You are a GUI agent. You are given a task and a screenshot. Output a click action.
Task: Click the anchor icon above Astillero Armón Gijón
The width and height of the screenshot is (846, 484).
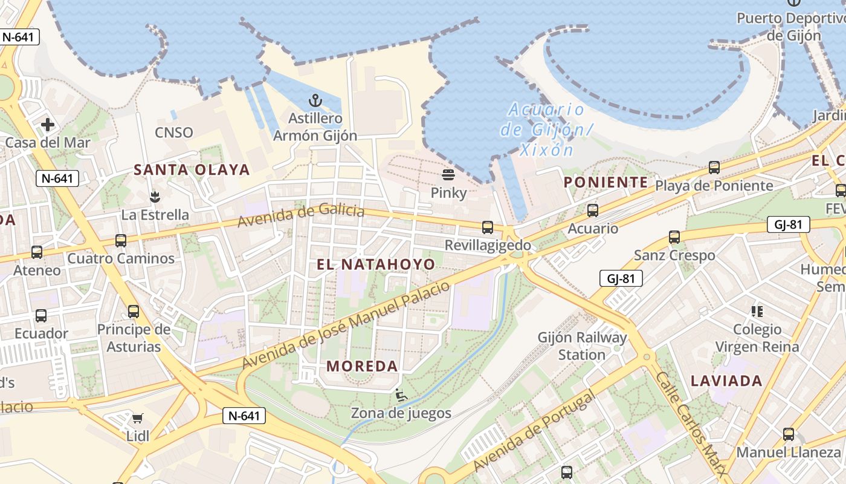(x=315, y=100)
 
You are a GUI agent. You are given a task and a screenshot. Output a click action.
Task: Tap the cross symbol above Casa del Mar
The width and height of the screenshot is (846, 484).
(x=47, y=125)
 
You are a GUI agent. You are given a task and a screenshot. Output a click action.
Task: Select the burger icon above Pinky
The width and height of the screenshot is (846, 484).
(x=448, y=175)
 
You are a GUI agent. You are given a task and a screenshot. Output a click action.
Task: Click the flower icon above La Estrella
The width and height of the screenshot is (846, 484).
(x=155, y=197)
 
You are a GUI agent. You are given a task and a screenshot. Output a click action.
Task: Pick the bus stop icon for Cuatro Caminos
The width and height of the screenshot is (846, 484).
(x=121, y=241)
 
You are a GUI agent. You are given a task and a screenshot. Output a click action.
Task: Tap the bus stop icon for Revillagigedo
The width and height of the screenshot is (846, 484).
(x=488, y=227)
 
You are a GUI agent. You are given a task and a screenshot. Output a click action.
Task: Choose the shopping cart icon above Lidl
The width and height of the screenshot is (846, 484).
(x=138, y=418)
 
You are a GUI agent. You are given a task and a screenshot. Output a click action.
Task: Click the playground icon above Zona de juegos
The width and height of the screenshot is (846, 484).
(x=401, y=395)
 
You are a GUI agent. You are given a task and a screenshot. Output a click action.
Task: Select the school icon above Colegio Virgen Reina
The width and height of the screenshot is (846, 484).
(x=757, y=312)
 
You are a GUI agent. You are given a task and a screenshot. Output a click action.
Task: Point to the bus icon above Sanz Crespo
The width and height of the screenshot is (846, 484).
(x=674, y=237)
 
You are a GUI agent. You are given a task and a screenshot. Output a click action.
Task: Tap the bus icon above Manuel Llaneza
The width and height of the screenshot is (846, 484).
(x=789, y=434)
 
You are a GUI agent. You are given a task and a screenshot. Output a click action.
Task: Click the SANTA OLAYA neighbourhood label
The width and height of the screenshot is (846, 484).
(x=192, y=170)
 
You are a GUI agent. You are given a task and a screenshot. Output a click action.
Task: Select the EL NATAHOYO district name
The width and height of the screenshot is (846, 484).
(x=375, y=264)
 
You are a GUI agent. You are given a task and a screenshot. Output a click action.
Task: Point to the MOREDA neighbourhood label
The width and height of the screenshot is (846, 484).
(x=362, y=366)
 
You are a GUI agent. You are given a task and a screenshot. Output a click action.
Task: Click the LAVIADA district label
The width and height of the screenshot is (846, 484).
(x=726, y=381)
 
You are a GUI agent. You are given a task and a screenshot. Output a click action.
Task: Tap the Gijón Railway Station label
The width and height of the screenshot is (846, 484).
(x=582, y=346)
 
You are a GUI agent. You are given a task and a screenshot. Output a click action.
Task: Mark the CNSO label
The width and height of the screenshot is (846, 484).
(x=174, y=132)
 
